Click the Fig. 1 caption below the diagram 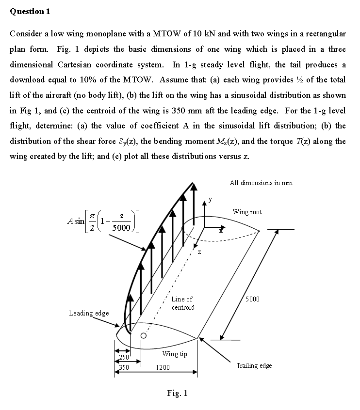177,393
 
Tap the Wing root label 247,212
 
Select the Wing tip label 175,354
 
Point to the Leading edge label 89,313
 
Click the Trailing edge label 254,365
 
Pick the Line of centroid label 182,303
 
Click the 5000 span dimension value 252,299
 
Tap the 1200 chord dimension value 163,368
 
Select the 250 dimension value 125,358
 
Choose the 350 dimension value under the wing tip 125,368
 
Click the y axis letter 210,199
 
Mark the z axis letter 199,252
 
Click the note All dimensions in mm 261,183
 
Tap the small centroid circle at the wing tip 144,335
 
